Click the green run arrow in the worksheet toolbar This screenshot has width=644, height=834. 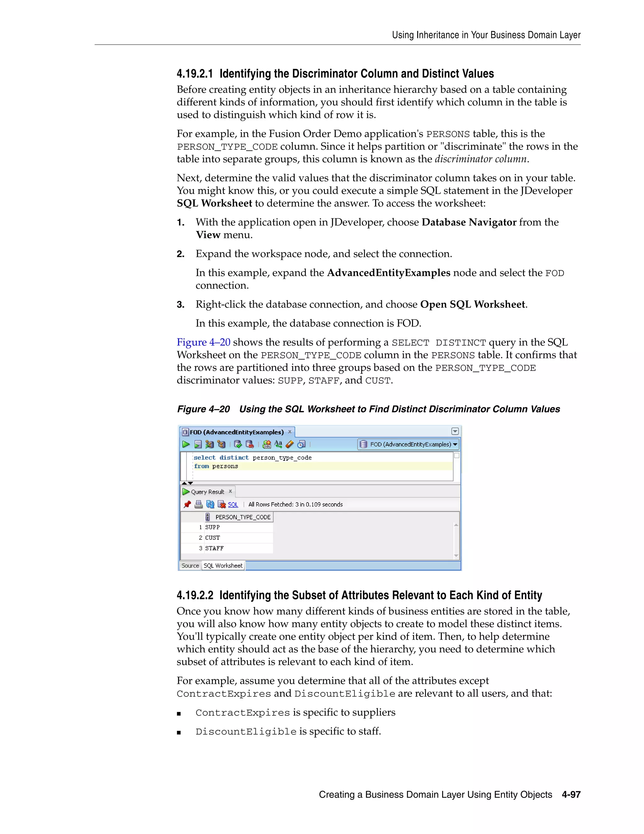pyautogui.click(x=186, y=444)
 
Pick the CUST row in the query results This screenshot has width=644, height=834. pyautogui.click(x=213, y=538)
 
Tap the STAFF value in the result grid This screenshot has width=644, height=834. pyautogui.click(x=214, y=548)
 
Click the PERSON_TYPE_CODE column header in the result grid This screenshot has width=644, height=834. pyautogui.click(x=243, y=517)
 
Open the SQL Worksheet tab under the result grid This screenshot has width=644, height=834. pyautogui.click(x=223, y=566)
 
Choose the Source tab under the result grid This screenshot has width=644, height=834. pyautogui.click(x=190, y=566)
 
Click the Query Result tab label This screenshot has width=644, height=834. pyautogui.click(x=207, y=492)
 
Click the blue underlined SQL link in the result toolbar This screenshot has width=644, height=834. pyautogui.click(x=233, y=504)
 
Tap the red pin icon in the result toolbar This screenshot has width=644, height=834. pyautogui.click(x=187, y=504)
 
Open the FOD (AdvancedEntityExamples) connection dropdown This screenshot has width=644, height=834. pyautogui.click(x=455, y=444)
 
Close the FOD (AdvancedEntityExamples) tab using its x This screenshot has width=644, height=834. pyautogui.click(x=290, y=431)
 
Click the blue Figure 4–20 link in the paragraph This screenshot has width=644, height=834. pyautogui.click(x=203, y=342)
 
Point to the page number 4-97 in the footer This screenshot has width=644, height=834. pyautogui.click(x=571, y=795)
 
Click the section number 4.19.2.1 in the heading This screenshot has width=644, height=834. pyautogui.click(x=195, y=74)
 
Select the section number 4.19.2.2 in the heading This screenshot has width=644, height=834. pyautogui.click(x=195, y=595)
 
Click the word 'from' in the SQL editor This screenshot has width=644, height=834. pyautogui.click(x=202, y=466)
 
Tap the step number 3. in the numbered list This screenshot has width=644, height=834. pyautogui.click(x=180, y=305)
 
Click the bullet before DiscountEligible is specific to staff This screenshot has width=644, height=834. pyautogui.click(x=179, y=732)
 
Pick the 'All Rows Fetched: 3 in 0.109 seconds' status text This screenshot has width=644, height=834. pyautogui.click(x=295, y=504)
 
